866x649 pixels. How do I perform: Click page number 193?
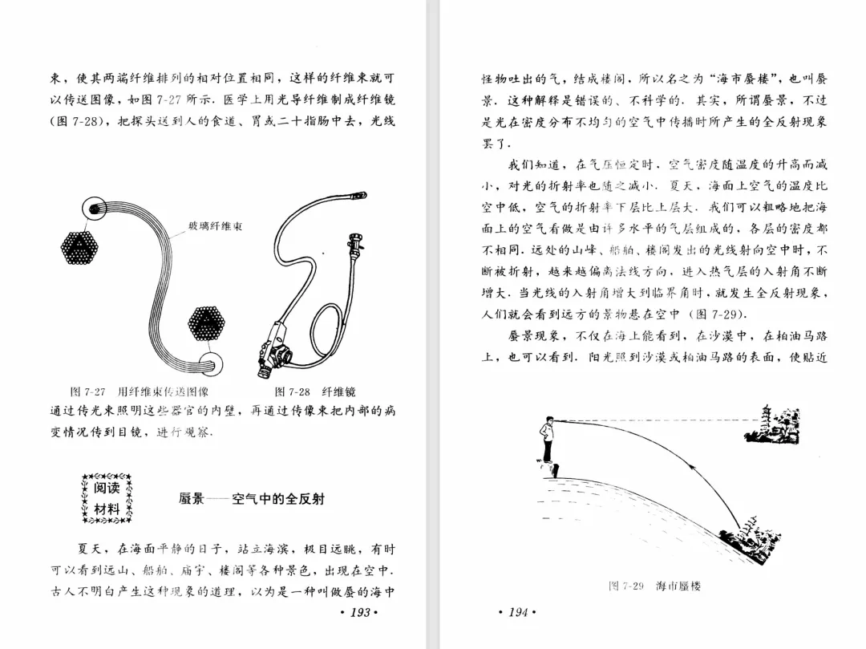[358, 613]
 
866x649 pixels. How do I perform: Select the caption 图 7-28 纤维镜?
[315, 392]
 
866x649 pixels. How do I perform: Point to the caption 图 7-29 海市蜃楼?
[654, 586]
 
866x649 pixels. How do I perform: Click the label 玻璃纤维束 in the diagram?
[216, 227]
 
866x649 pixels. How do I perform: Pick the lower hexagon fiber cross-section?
[206, 323]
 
